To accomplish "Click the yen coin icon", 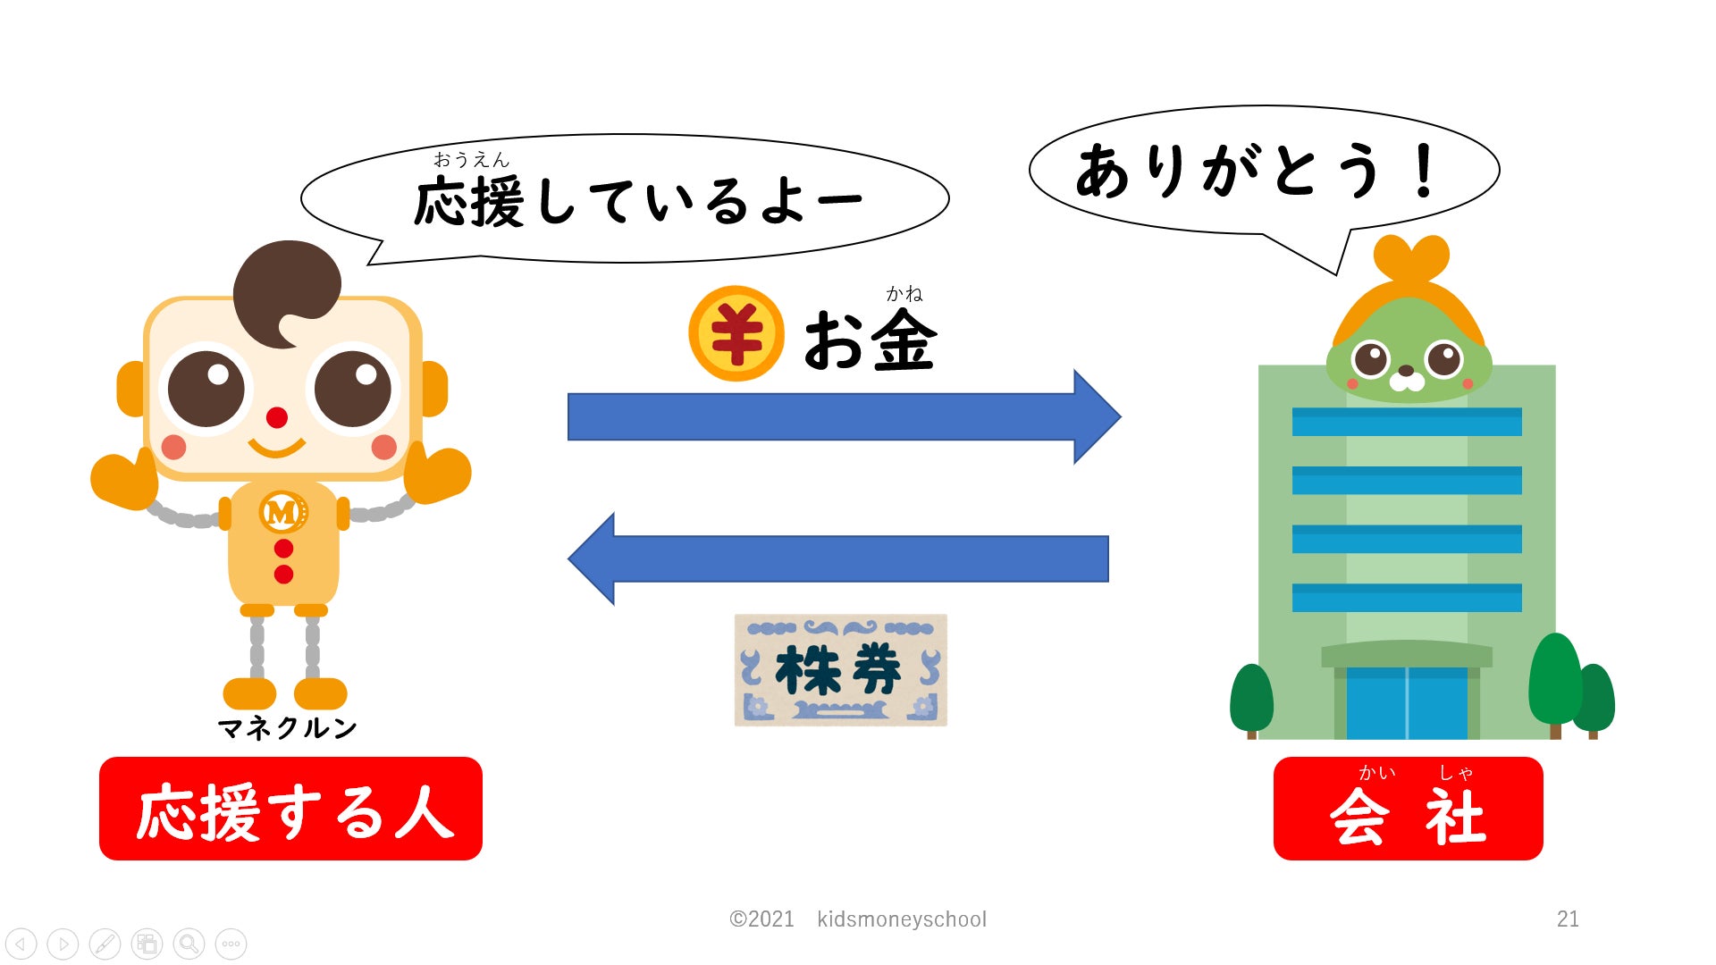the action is [736, 333].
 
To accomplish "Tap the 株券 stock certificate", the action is [840, 670].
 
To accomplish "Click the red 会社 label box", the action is [1408, 809].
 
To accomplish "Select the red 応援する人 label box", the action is [290, 809].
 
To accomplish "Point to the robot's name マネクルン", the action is [287, 728].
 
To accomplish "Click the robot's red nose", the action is [277, 417].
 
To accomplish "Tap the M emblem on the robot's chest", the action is [282, 512].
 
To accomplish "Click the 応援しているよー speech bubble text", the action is [636, 201].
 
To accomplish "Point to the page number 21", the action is [1568, 919].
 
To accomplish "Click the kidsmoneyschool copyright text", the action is [858, 919].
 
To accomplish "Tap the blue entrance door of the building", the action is [1407, 703].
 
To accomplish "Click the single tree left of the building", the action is [1251, 699].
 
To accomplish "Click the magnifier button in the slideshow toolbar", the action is [189, 944].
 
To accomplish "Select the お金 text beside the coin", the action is [869, 340].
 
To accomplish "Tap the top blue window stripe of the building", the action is [1407, 422].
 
